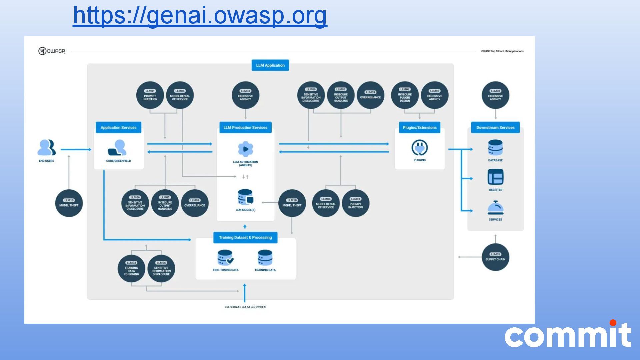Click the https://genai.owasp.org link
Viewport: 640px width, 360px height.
click(x=200, y=15)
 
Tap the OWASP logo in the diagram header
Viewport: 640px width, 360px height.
click(x=52, y=51)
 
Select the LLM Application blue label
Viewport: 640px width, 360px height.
click(x=270, y=65)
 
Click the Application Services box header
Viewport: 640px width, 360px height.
click(x=118, y=128)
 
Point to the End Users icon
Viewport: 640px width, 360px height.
click(x=46, y=148)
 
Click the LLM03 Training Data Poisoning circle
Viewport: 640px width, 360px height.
click(x=131, y=269)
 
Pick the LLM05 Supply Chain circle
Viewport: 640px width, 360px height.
click(x=495, y=257)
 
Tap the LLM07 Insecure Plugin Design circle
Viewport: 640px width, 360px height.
click(x=405, y=95)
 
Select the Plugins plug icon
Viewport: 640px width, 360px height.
click(x=419, y=148)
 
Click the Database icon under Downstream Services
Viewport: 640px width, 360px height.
click(x=495, y=148)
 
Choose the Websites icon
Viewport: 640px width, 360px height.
click(x=495, y=177)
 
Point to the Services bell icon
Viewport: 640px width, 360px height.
click(x=495, y=208)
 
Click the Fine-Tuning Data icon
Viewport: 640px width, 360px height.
click(x=225, y=258)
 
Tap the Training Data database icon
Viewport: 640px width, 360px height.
click(x=265, y=258)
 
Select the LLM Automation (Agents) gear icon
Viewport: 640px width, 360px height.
click(x=245, y=149)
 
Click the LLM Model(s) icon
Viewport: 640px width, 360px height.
click(x=245, y=197)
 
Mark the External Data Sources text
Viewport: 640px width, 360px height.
click(x=245, y=307)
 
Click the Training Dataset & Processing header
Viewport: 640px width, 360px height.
click(x=245, y=238)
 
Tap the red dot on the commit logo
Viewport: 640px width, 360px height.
click(x=613, y=323)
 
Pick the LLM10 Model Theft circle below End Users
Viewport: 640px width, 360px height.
click(x=69, y=203)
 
